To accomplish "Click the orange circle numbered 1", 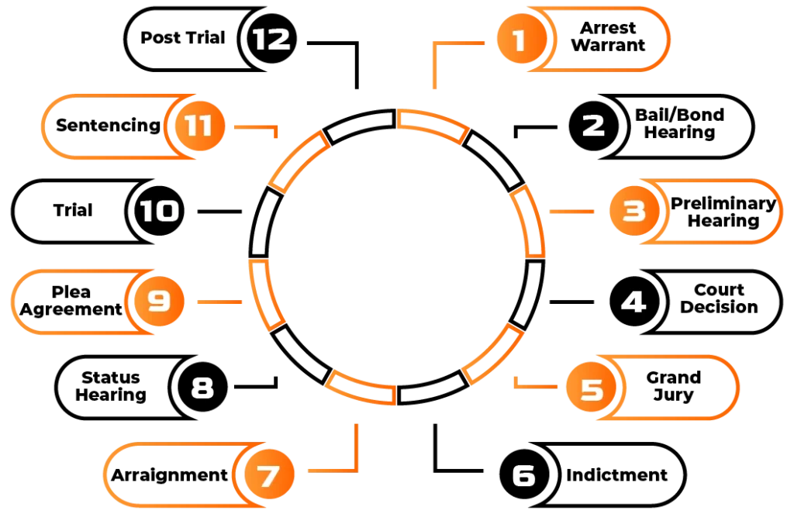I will coord(520,40).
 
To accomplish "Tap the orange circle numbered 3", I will coord(634,211).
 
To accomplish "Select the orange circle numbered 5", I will coord(592,388).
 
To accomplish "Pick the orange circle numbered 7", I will coord(268,475).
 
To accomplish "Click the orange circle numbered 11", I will coord(198,126).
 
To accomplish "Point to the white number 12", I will coord(271,39).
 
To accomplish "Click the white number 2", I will coord(593,126).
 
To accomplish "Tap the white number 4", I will coord(633,302).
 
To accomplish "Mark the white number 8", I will coord(202,388).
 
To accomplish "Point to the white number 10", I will coord(159,211).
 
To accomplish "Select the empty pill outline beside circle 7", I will coord(171,474).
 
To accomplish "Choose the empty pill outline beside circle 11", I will coord(105,126).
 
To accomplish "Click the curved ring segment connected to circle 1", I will coord(433,126).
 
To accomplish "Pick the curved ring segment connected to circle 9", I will coord(267,295).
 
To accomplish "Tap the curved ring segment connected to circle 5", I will coord(492,354).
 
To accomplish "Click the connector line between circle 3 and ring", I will coord(571,211).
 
